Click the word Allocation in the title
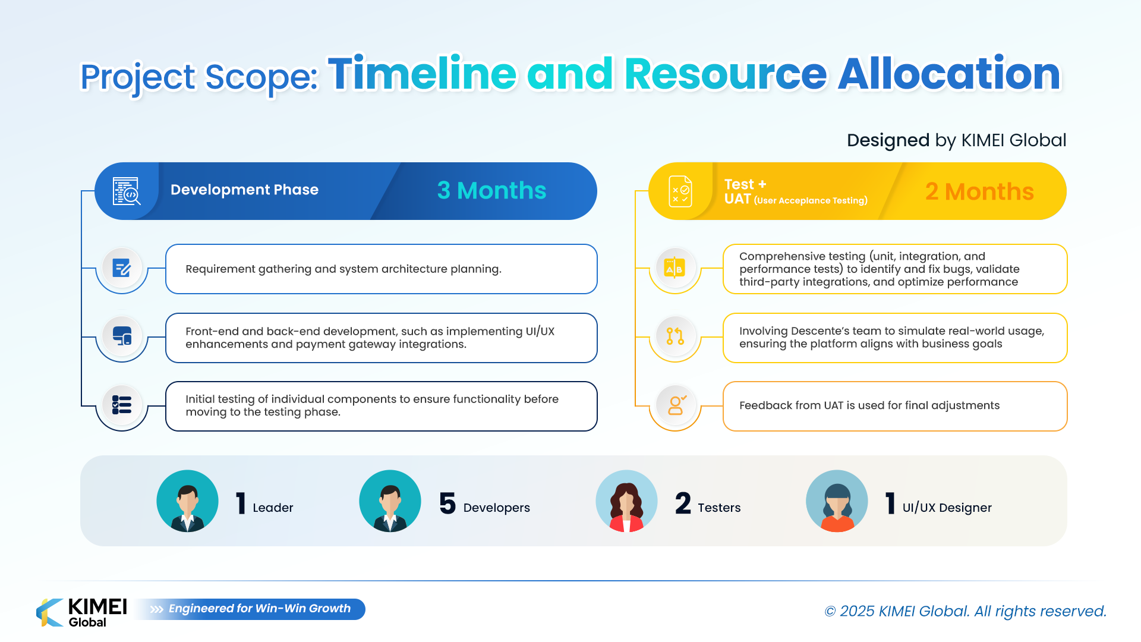click(949, 74)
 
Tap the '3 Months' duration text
click(491, 191)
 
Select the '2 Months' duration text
click(979, 192)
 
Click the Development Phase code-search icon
click(127, 191)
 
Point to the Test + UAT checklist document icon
click(680, 191)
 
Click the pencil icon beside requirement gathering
click(122, 268)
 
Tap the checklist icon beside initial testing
click(122, 405)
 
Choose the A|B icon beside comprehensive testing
click(675, 268)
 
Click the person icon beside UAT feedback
click(676, 405)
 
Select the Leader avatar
click(187, 501)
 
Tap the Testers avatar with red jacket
click(626, 501)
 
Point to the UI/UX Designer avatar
click(837, 501)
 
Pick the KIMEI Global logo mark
click(50, 612)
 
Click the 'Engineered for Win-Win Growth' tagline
click(260, 609)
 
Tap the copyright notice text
click(966, 611)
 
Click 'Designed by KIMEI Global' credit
click(956, 140)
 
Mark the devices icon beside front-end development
click(122, 336)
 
